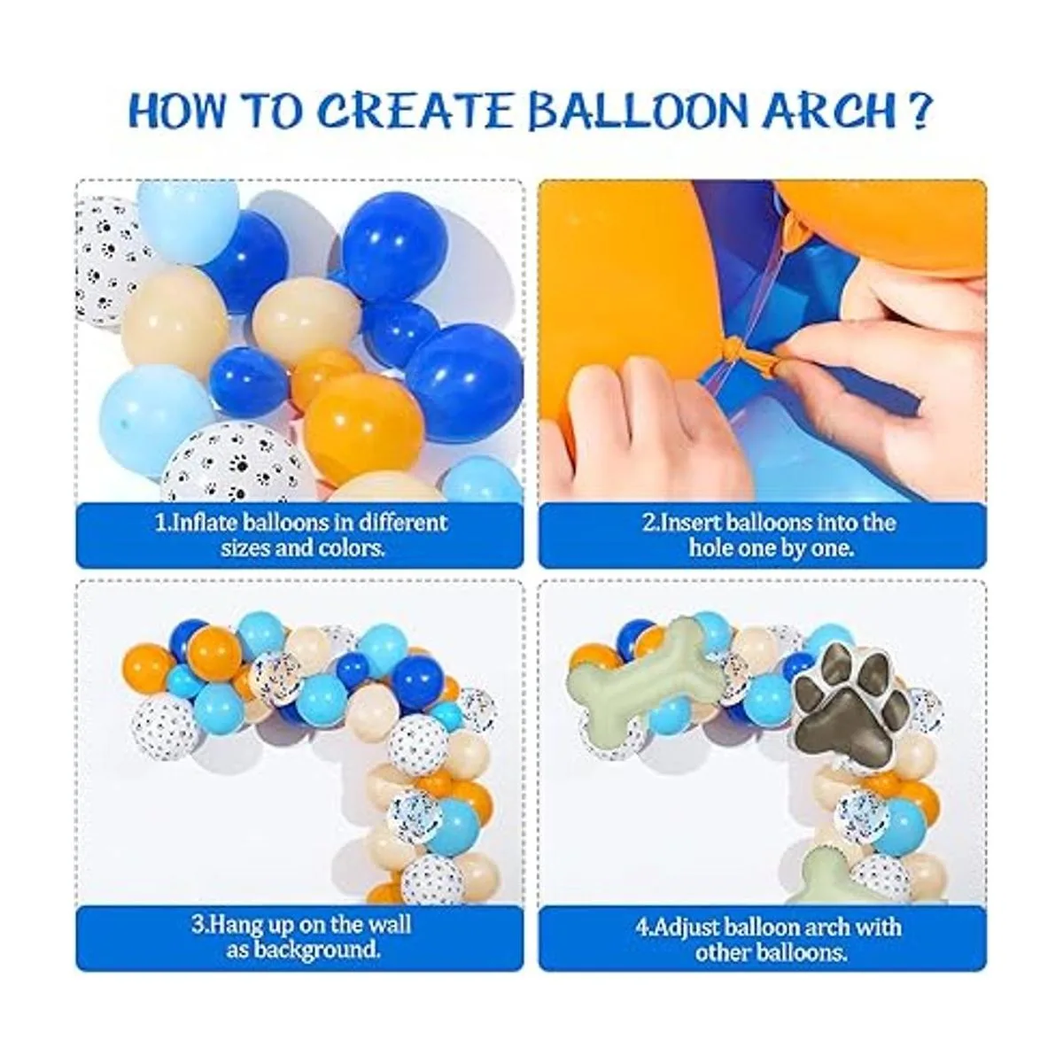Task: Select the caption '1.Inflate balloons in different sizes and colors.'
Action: click(x=302, y=534)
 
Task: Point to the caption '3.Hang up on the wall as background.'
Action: click(x=302, y=937)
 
